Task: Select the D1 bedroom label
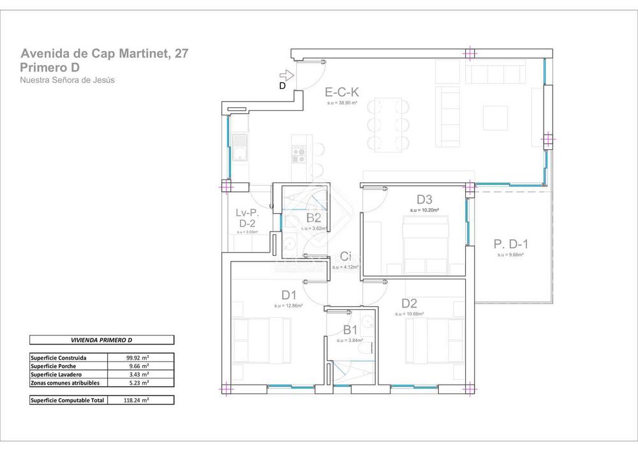(289, 295)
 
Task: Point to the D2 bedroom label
(409, 304)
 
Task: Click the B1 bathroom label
(350, 330)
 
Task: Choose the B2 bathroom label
(313, 218)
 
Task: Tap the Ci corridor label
(345, 256)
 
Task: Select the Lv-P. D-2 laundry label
(247, 218)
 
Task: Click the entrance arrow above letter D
(286, 75)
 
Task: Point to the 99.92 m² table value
(137, 358)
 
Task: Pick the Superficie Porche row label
(54, 366)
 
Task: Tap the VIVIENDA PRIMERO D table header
(101, 341)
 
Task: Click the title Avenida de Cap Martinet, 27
(104, 54)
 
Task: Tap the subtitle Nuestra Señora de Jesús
(67, 80)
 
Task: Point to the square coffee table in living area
(496, 117)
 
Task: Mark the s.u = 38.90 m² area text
(341, 102)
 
